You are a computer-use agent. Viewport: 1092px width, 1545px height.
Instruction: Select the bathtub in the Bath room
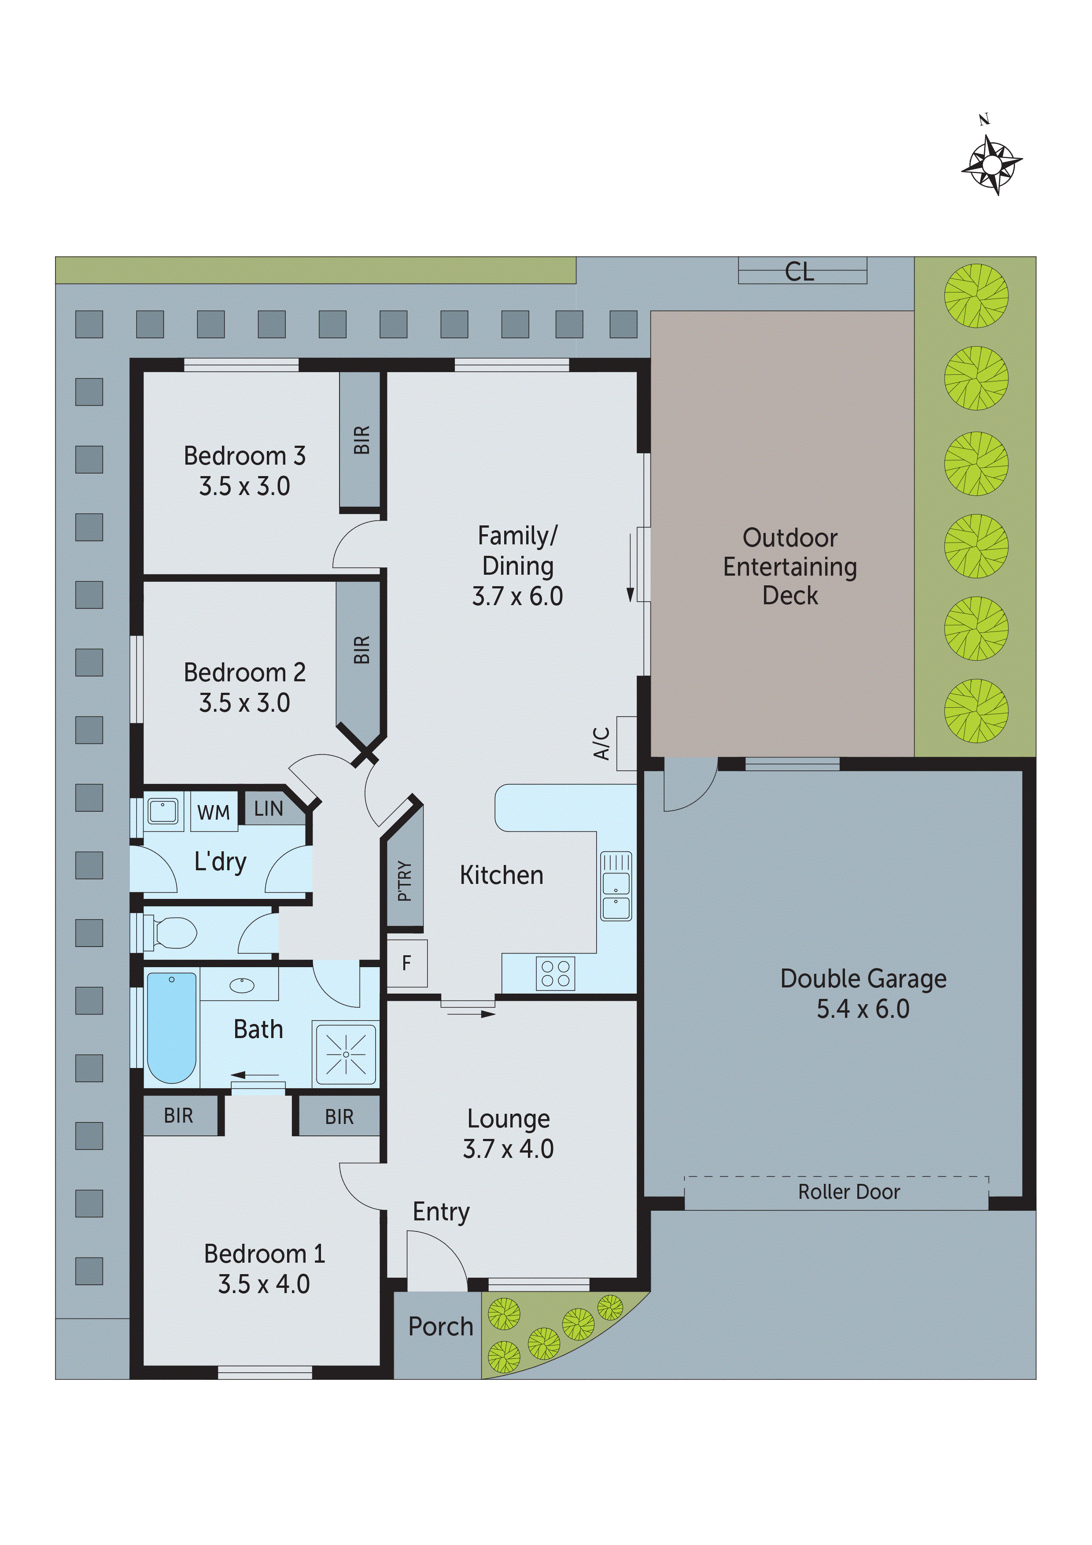(x=172, y=1028)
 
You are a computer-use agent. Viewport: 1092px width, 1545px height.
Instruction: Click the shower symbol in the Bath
(x=346, y=1054)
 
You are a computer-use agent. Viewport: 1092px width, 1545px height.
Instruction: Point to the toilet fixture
(x=172, y=933)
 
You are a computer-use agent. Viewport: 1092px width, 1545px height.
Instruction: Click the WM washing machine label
(x=213, y=813)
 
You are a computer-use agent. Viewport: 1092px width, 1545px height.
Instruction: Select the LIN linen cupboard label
(x=269, y=809)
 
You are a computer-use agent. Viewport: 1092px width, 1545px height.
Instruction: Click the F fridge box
(x=406, y=964)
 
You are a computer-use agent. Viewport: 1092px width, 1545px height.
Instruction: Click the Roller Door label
(x=849, y=1192)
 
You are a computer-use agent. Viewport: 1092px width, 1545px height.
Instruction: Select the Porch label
(x=441, y=1326)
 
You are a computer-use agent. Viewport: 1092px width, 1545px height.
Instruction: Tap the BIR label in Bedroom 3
(x=362, y=440)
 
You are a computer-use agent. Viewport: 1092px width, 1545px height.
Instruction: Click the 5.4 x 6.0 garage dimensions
(x=863, y=1009)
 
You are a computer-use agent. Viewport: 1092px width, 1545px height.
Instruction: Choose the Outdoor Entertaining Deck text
(x=790, y=566)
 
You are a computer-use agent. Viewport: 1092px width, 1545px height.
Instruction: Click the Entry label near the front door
(x=441, y=1212)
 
